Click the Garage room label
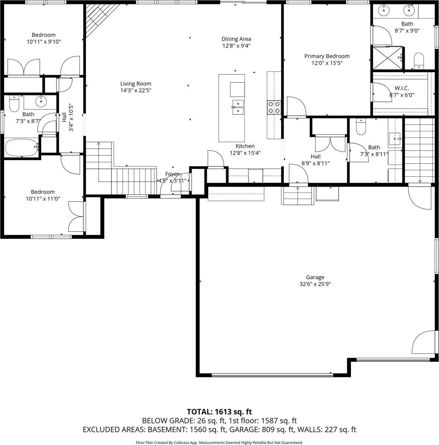pos(315,277)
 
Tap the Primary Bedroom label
pos(327,56)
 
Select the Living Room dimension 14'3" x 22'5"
pos(135,90)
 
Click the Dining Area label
pos(236,39)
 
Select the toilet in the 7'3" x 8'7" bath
pos(14,104)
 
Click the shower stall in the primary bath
pos(387,58)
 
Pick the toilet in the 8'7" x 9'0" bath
pos(419,61)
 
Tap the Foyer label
pos(172,174)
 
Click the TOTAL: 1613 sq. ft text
pos(219,412)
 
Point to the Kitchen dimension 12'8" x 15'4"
pos(245,153)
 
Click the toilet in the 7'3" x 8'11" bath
pos(361,127)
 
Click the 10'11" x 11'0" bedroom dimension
pos(43,199)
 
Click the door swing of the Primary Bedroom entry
pos(296,108)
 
